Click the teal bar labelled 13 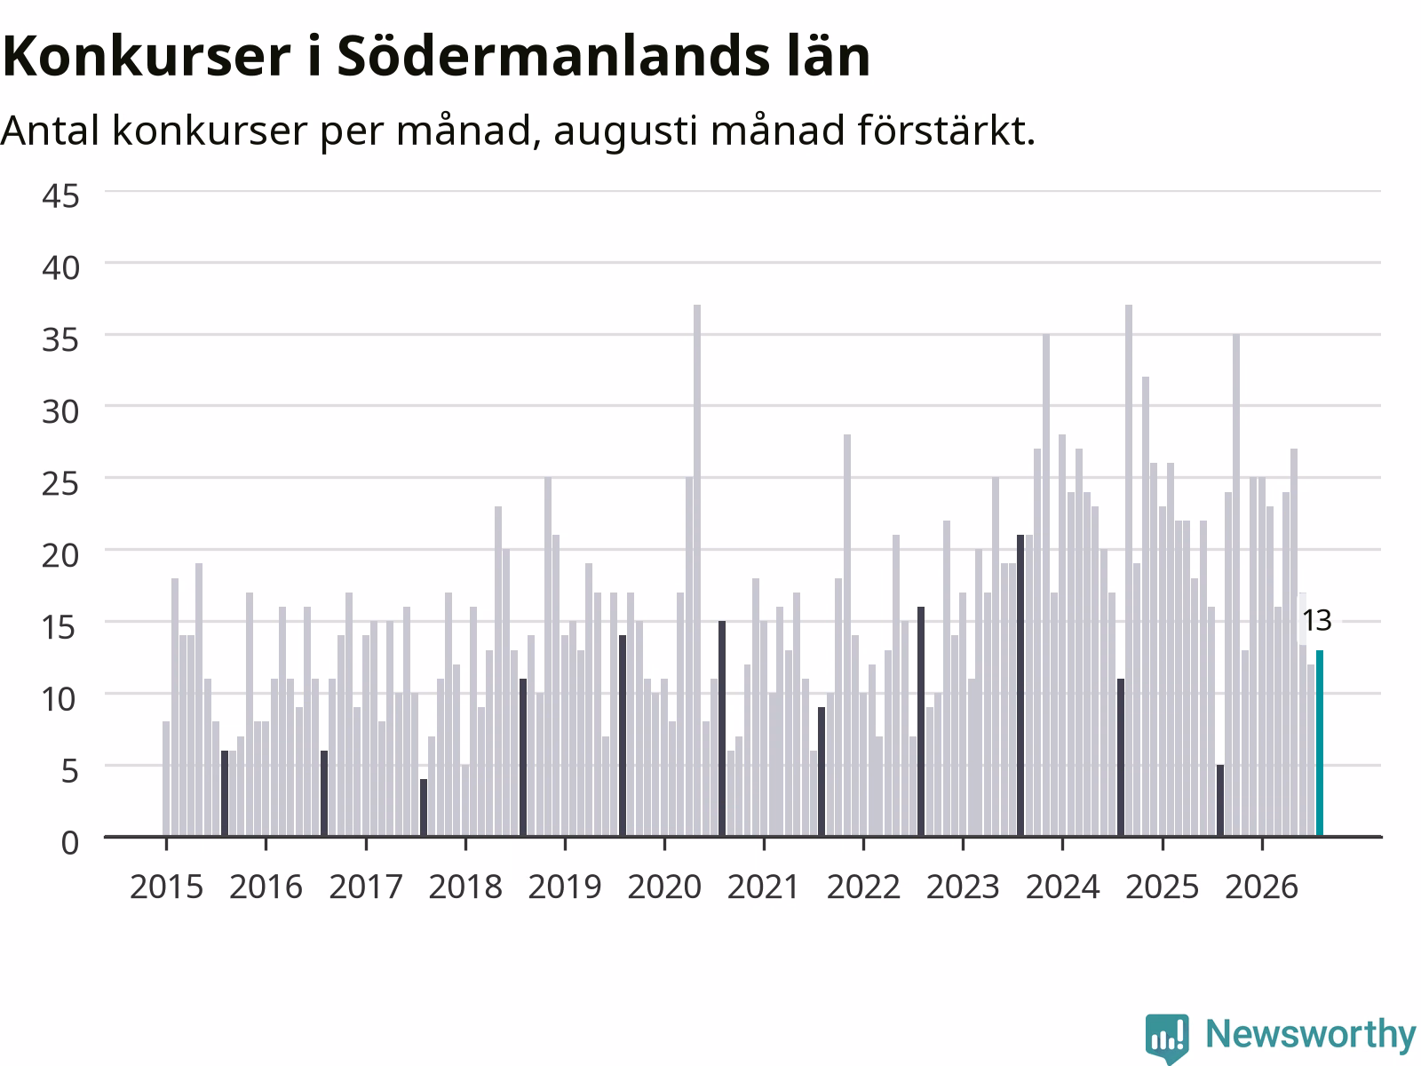tap(1320, 743)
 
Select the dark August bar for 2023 tap(1020, 686)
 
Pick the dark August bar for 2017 tap(424, 807)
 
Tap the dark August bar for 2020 tap(722, 728)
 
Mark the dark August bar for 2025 tap(1219, 800)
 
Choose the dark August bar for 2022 tap(921, 721)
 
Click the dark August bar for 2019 tap(623, 736)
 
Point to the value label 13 tap(1317, 621)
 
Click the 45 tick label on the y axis tap(61, 195)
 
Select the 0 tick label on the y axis tap(70, 843)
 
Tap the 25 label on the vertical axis tap(61, 483)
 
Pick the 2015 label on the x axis tap(166, 887)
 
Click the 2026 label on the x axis tap(1262, 887)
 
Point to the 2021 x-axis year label tap(764, 887)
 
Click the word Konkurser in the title tap(147, 56)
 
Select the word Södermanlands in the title tap(553, 56)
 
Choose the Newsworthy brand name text tap(1310, 1034)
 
